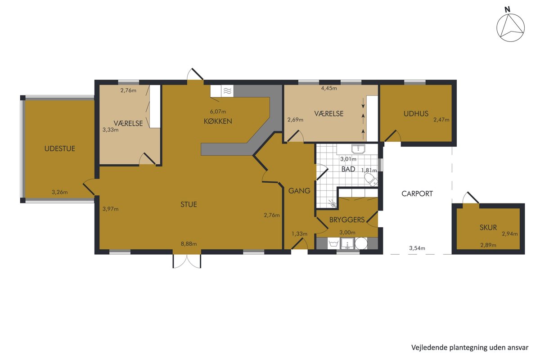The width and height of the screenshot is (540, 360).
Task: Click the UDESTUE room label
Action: pos(60,148)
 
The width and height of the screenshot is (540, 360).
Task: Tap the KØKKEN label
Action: pos(218,121)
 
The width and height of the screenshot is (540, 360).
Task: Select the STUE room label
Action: pos(189,204)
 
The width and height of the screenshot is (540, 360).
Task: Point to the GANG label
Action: pos(299,191)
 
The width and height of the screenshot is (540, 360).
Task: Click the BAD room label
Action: pos(348,169)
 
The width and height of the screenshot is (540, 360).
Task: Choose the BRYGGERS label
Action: pos(347,220)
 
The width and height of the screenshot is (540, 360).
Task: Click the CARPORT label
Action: pos(417,193)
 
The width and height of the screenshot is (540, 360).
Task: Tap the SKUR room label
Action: pos(488,227)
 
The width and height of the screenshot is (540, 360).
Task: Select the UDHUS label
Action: pos(416,114)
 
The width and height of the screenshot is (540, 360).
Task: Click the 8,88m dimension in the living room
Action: pos(189,244)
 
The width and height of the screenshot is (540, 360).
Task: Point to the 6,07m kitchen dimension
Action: pos(218,112)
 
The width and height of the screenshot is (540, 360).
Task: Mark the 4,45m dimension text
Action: pos(329,88)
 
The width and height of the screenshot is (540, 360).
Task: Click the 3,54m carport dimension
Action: pos(417,248)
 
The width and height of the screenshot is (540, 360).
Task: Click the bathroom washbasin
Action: pos(359,149)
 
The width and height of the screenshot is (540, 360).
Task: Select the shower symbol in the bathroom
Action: pos(333,203)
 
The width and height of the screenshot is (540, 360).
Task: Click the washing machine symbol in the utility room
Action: pos(334,243)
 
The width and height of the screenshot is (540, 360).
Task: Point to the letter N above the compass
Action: pos(508,9)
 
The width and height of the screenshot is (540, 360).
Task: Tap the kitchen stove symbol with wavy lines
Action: pos(227,91)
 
